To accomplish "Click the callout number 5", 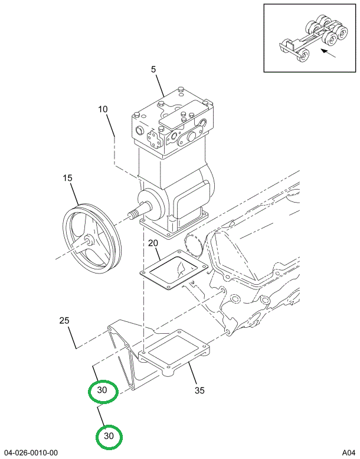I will click(x=153, y=70).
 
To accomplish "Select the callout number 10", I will click(x=103, y=109).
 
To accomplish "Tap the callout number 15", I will click(x=68, y=177).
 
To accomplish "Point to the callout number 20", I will click(x=153, y=243).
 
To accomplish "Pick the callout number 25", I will click(x=64, y=321).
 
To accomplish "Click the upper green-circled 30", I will click(x=103, y=390).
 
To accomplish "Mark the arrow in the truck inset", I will click(x=328, y=53).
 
